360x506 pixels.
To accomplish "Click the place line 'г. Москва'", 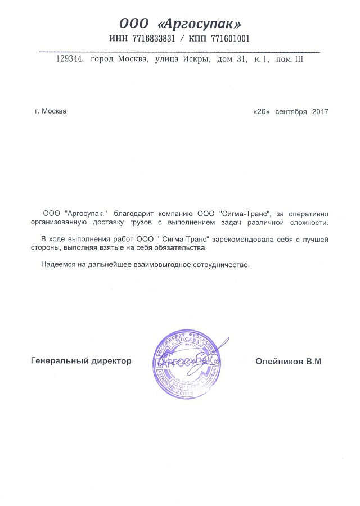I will coord(51,111).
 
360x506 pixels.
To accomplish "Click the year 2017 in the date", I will coord(319,111).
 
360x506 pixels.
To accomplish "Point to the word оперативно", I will coord(309,214).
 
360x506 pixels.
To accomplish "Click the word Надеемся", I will coord(58,264).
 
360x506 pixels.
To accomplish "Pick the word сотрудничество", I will coord(215,264).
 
